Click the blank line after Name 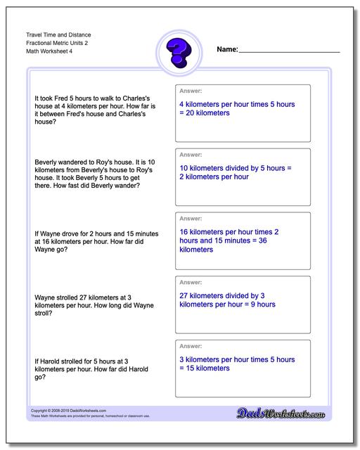pyautogui.click(x=289, y=52)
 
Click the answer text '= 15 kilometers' pyautogui.click(x=205, y=369)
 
